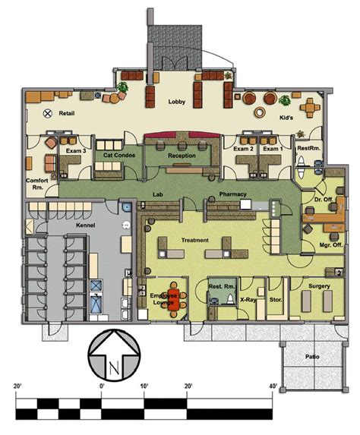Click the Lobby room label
(176, 102)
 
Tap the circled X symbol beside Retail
(48, 113)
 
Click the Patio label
(312, 357)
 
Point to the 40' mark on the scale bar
(273, 386)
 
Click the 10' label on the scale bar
(144, 386)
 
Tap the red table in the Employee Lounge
(174, 300)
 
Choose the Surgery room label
(319, 286)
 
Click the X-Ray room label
(248, 300)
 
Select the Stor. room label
(276, 300)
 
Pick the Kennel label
(86, 225)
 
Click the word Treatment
(195, 240)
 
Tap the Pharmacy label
(232, 194)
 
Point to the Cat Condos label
(119, 155)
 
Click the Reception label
(182, 156)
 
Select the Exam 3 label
(76, 151)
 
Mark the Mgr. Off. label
(331, 245)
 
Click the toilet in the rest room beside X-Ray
(230, 299)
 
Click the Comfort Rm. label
(37, 184)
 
